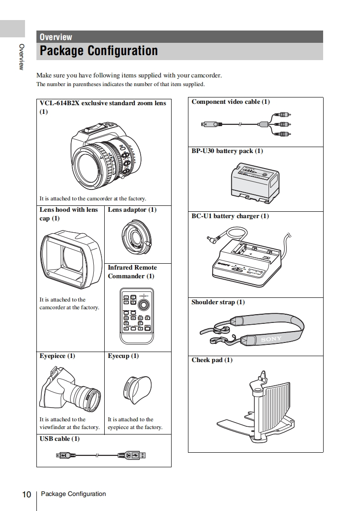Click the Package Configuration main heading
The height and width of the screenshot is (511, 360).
(99, 51)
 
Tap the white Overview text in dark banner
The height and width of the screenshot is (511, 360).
(56, 37)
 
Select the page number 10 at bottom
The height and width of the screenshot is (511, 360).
(26, 495)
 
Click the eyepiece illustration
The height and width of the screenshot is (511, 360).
(71, 389)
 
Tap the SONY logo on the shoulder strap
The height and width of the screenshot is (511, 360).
(271, 339)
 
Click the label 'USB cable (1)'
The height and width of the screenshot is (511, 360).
(59, 439)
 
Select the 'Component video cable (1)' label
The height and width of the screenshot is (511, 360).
(230, 102)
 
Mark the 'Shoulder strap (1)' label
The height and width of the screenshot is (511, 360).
(218, 302)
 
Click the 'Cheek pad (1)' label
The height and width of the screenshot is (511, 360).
(212, 360)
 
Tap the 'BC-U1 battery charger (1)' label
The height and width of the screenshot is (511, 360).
(230, 216)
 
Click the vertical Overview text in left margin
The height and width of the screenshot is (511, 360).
(21, 56)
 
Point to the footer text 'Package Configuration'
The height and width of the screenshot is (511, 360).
(73, 494)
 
